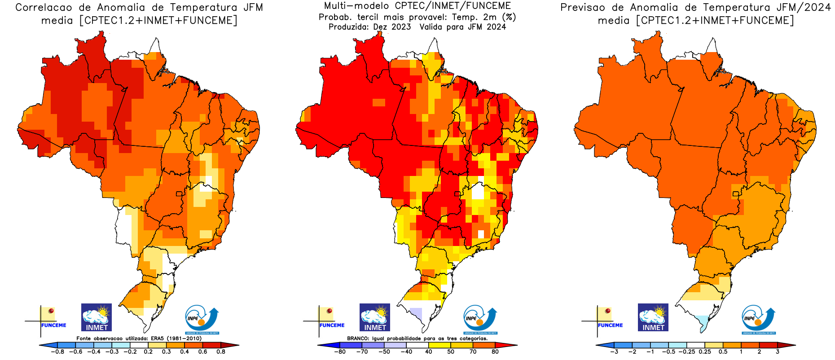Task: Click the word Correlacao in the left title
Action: (44, 8)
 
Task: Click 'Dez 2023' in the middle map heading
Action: (392, 27)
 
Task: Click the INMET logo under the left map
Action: (97, 317)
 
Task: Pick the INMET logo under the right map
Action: (653, 317)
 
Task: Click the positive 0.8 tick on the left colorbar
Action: (220, 352)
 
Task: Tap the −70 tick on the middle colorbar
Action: (362, 352)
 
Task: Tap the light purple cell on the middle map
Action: (417, 313)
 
